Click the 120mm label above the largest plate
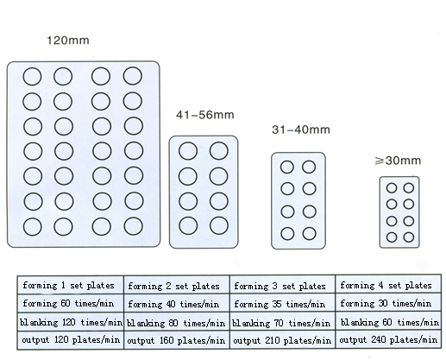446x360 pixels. (68, 41)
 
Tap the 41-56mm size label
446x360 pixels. (205, 115)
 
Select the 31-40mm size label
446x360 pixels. (301, 129)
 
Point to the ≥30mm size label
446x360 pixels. (398, 161)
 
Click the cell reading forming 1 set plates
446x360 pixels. (71, 285)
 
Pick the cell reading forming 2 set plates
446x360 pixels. (177, 286)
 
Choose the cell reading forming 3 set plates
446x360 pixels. (282, 286)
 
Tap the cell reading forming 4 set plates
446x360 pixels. (388, 285)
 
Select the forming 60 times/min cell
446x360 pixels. (71, 303)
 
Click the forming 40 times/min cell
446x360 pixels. (177, 304)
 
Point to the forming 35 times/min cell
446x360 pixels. (282, 304)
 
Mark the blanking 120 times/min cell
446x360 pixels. (71, 322)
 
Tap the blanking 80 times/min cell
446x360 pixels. (177, 322)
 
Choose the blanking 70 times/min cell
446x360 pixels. (282, 322)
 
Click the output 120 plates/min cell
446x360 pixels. (71, 340)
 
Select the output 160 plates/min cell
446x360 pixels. (177, 340)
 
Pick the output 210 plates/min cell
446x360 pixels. (282, 340)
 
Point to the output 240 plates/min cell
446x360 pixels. (388, 339)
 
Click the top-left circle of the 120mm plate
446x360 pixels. (23, 77)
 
